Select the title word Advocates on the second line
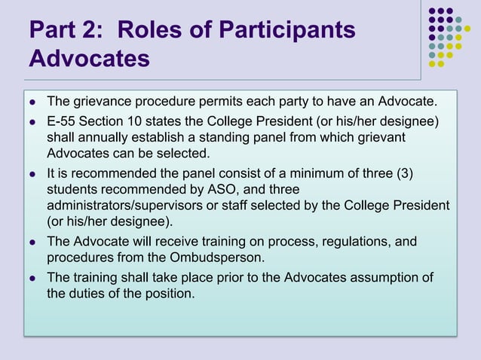[90, 59]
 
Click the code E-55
[63, 122]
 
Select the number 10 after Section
[140, 122]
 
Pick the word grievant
[380, 139]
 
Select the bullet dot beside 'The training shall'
[32, 279]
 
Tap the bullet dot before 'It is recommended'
[32, 175]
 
